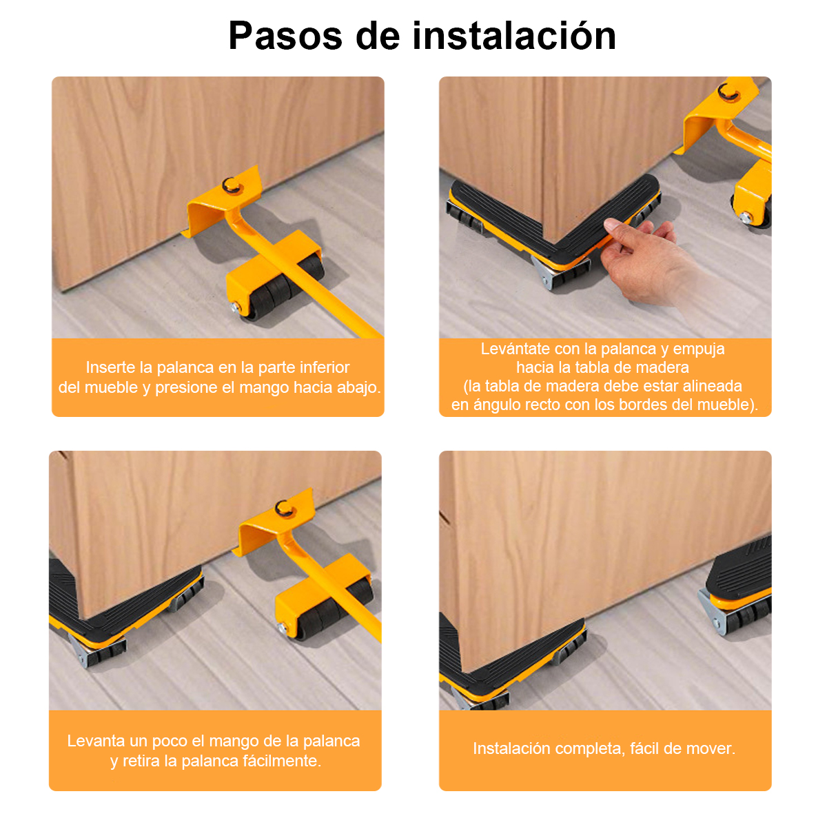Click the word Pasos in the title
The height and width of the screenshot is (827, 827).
tap(285, 37)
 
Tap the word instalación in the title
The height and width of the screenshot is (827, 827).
tap(513, 36)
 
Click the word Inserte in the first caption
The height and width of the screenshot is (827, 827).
tap(112, 367)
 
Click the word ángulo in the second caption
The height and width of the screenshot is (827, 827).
tap(494, 405)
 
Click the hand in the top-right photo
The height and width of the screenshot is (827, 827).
tap(648, 262)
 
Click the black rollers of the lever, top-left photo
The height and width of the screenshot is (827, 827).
tap(285, 288)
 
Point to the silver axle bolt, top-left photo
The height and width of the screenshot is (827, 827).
tap(235, 307)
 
